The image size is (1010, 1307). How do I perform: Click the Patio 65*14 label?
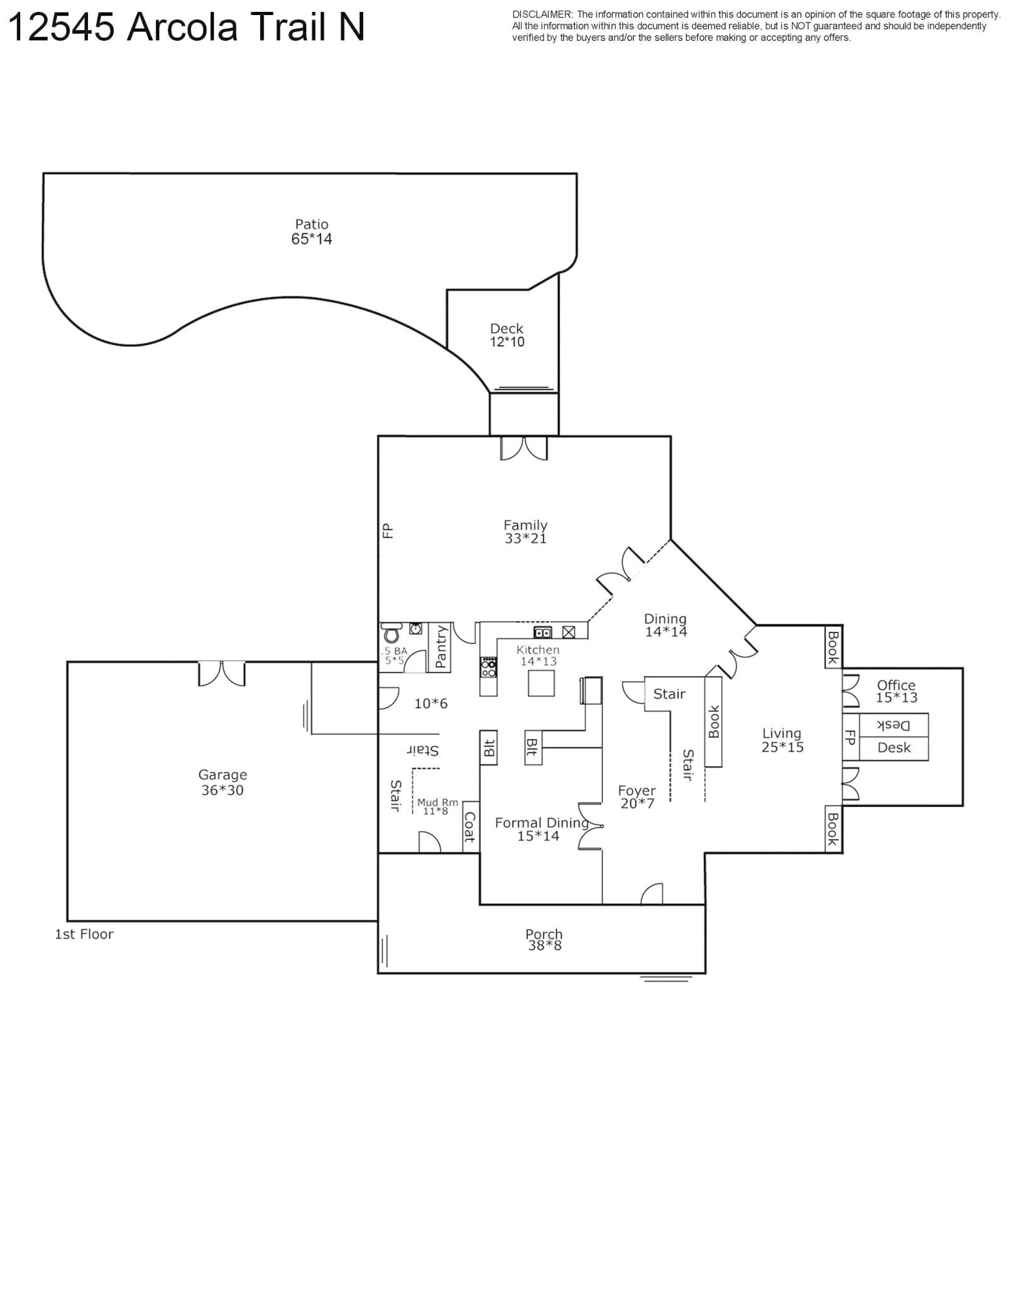click(311, 231)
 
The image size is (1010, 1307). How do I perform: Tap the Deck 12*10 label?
click(507, 335)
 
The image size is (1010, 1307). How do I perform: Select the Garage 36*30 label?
click(222, 782)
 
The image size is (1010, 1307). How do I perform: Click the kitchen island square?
click(541, 683)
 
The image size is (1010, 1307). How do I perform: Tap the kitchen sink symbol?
click(542, 632)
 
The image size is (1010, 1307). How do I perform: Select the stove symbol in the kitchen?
click(488, 667)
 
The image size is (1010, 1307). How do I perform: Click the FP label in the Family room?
click(387, 531)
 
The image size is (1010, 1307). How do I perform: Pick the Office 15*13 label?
click(896, 691)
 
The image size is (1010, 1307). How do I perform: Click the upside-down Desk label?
click(893, 725)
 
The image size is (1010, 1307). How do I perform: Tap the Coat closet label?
click(469, 827)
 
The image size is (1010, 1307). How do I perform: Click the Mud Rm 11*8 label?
click(437, 807)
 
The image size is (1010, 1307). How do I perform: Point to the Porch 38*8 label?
click(544, 939)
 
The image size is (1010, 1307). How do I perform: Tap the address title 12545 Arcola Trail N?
click(186, 28)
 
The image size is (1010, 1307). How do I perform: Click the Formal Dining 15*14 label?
click(539, 829)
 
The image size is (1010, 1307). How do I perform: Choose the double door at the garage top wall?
click(221, 673)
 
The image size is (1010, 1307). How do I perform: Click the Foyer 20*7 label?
click(637, 797)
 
